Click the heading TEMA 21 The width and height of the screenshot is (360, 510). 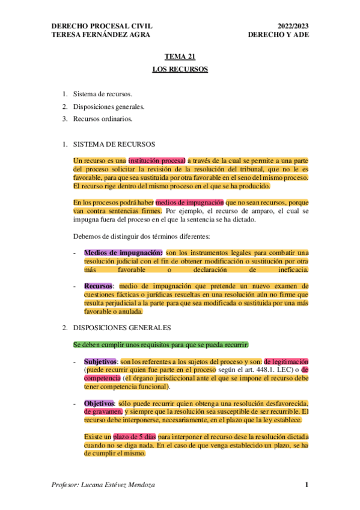(180, 57)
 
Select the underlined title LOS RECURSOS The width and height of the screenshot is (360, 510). (180, 70)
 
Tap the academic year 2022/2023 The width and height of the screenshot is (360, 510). (293, 26)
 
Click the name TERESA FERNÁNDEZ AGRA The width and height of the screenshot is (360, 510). (102, 35)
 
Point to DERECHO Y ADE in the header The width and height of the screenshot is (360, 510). (278, 35)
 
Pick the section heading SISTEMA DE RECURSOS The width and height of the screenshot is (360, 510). (114, 144)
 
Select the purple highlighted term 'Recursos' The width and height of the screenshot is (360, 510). (99, 286)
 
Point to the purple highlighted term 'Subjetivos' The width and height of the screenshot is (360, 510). (100, 361)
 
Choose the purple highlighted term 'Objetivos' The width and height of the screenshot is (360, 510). (100, 402)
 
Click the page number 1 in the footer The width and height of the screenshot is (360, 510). (307, 485)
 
